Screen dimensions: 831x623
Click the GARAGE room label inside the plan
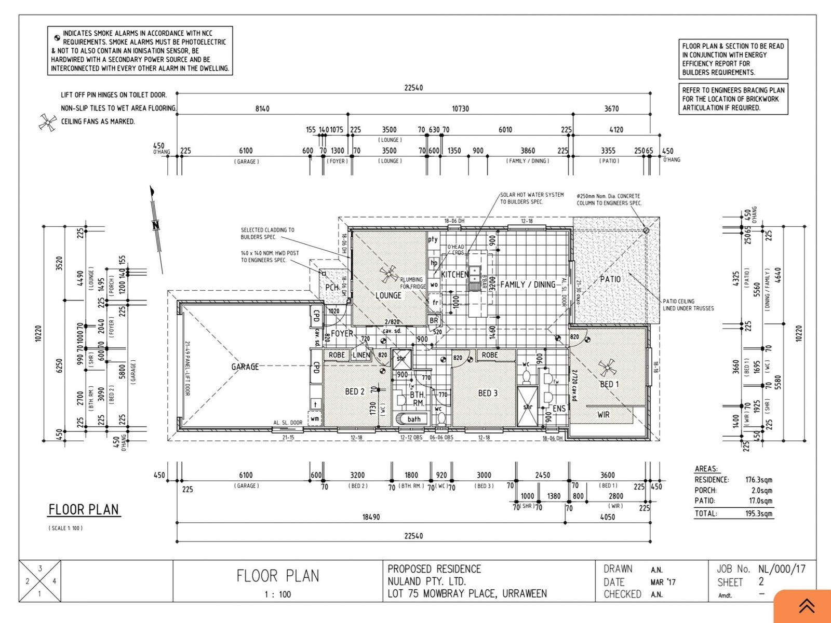click(245, 367)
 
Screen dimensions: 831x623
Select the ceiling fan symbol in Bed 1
click(607, 368)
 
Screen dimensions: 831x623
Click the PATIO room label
click(610, 279)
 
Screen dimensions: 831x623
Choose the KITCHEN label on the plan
click(454, 274)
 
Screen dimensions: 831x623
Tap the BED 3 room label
click(488, 393)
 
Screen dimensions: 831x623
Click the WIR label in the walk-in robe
click(604, 414)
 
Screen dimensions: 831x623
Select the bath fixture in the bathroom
click(413, 418)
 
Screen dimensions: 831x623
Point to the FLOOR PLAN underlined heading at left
click(84, 510)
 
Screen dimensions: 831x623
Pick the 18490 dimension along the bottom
click(371, 517)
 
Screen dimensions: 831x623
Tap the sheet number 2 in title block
click(761, 582)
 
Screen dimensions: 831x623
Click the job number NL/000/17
click(782, 569)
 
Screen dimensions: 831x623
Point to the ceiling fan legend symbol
click(48, 122)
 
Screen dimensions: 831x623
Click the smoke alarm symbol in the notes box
click(57, 38)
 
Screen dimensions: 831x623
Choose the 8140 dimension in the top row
click(262, 109)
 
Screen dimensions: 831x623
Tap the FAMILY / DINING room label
click(528, 285)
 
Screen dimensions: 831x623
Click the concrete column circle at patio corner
click(646, 230)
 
